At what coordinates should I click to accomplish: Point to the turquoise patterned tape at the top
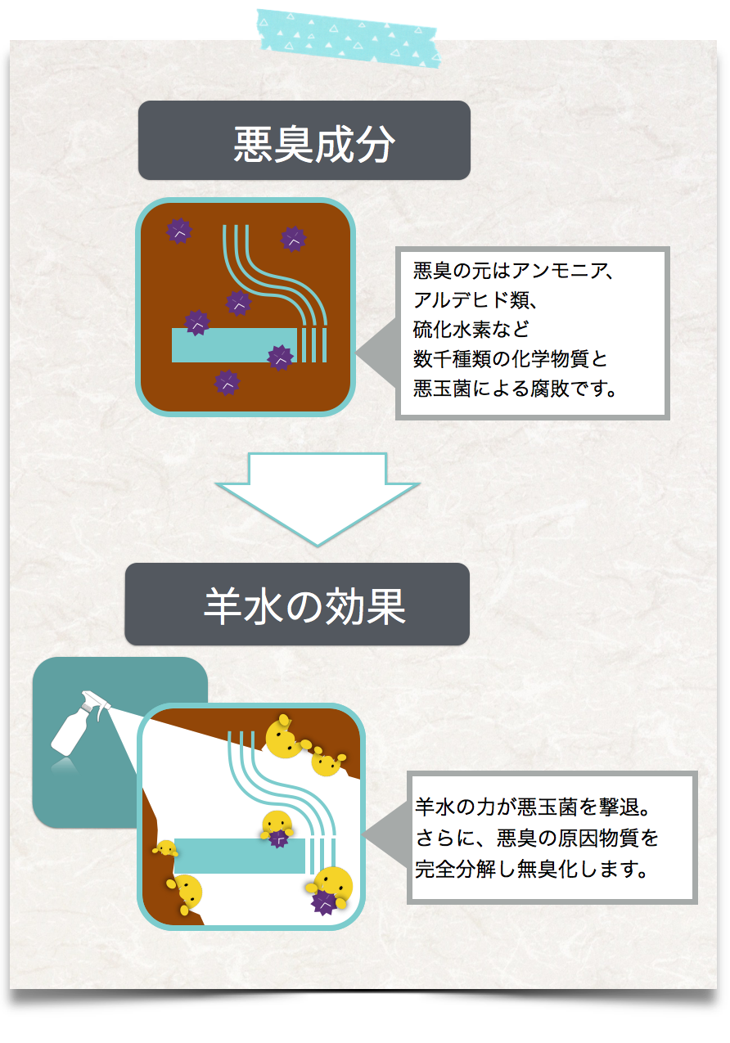click(347, 36)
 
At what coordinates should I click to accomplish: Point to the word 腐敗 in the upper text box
click(552, 389)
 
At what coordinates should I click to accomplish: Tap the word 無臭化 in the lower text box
click(566, 868)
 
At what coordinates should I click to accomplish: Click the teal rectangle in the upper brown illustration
click(232, 345)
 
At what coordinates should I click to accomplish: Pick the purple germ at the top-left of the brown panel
click(179, 232)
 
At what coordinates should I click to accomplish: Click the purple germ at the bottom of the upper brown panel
click(227, 382)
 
